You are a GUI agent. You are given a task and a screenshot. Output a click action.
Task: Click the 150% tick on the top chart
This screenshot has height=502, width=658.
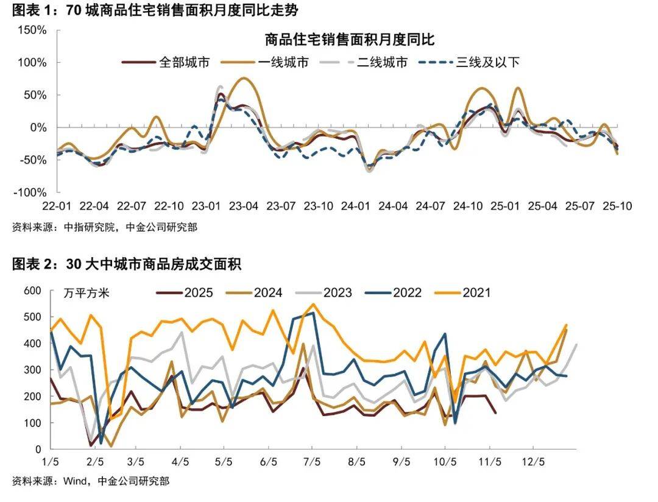click(30, 30)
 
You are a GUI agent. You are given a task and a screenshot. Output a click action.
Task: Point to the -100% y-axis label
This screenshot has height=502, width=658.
click(28, 192)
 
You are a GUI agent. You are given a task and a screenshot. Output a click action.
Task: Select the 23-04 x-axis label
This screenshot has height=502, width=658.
click(242, 206)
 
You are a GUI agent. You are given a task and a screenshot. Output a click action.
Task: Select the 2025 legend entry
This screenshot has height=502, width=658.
click(198, 293)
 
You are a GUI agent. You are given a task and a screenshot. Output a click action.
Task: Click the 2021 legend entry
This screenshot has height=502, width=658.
click(476, 293)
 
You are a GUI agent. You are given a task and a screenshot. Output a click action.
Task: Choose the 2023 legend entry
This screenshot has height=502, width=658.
click(338, 293)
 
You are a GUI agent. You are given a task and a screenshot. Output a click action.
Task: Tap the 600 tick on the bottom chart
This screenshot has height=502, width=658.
click(33, 291)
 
